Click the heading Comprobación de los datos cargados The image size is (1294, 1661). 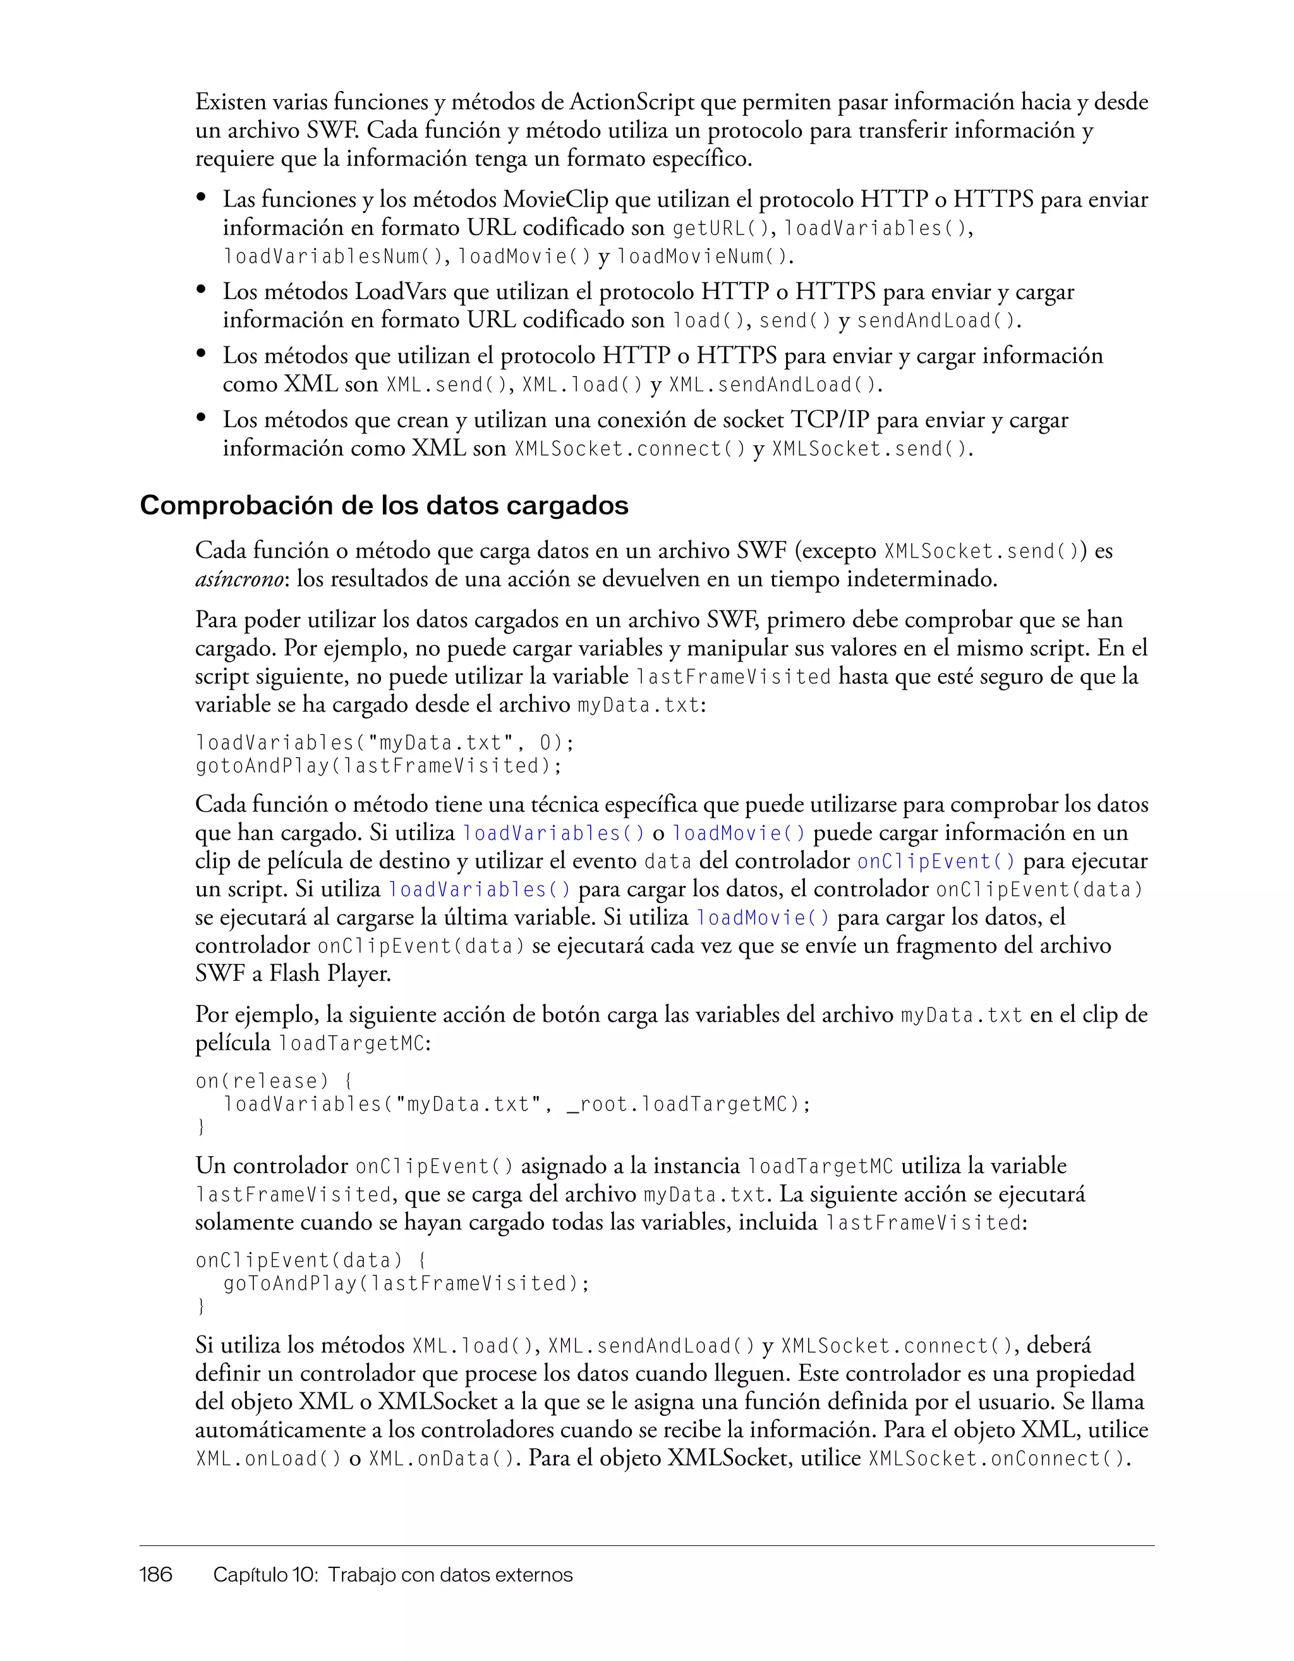(x=384, y=506)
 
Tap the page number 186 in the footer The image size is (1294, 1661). (x=156, y=1574)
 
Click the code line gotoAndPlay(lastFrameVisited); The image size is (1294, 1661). (x=378, y=766)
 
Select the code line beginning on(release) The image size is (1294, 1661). (x=274, y=1081)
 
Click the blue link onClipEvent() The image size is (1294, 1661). (x=936, y=861)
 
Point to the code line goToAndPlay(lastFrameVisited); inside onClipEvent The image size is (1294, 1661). (x=406, y=1284)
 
